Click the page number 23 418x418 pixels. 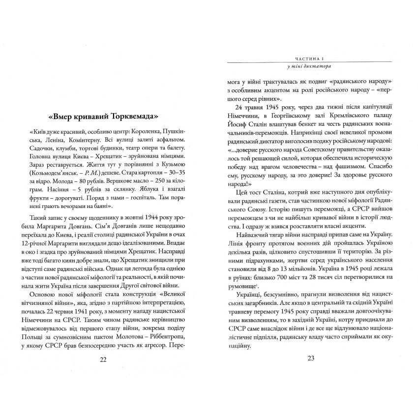(x=310, y=358)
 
